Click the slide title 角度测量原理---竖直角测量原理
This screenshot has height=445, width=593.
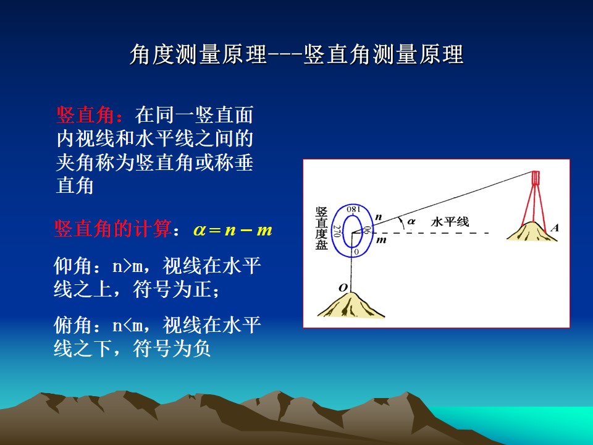tap(296, 54)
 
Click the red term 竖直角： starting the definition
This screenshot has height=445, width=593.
tap(90, 115)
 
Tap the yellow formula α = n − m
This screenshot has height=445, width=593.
tap(233, 230)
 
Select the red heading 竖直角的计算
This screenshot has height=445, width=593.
tap(113, 229)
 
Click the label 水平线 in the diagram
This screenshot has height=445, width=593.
tap(450, 221)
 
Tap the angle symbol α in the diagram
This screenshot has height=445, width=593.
tap(411, 221)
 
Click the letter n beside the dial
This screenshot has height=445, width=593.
tap(378, 217)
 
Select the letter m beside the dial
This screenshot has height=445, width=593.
tap(381, 240)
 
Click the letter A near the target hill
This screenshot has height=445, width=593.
tap(555, 227)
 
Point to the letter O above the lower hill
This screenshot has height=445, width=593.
tap(343, 288)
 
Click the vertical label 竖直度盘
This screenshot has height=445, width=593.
tap(321, 228)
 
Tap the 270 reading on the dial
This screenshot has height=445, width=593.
tap(337, 231)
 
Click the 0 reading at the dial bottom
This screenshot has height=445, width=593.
tap(356, 252)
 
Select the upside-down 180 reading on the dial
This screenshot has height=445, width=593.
tap(353, 210)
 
